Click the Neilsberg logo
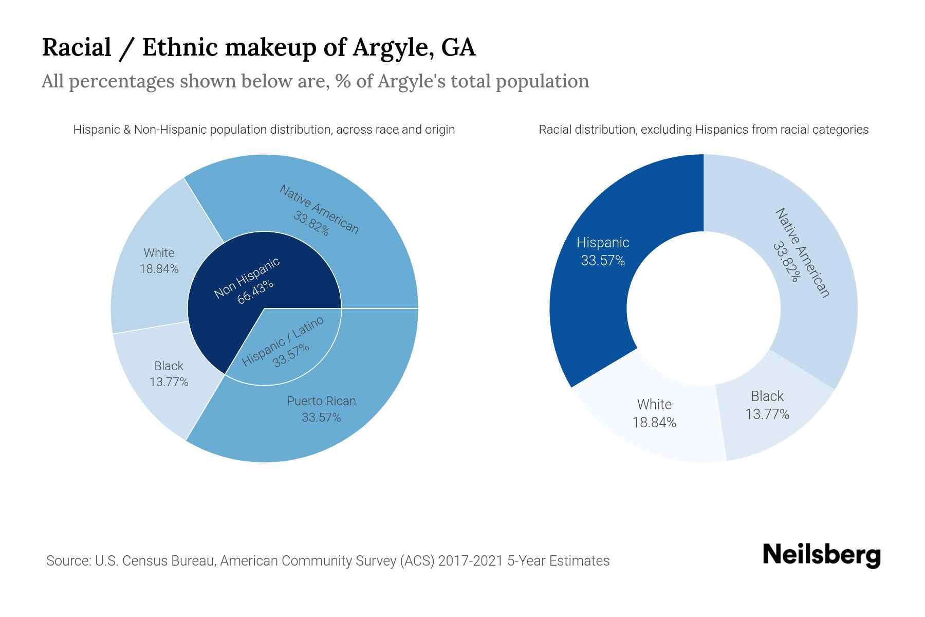click(821, 555)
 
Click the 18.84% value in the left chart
click(159, 269)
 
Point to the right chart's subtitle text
click(703, 130)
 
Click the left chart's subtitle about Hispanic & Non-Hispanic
click(264, 130)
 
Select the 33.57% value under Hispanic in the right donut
click(603, 261)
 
